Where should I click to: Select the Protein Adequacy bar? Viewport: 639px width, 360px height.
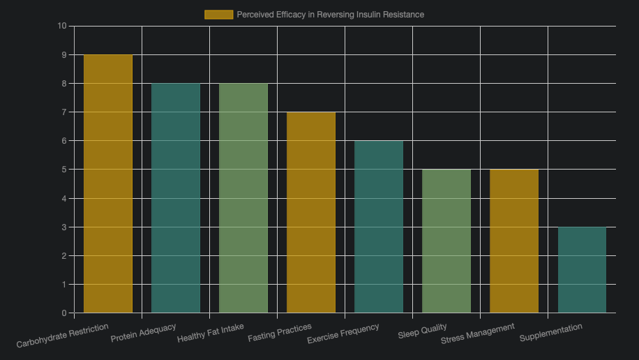coord(176,198)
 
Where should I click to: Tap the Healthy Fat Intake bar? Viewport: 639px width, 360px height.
coord(243,198)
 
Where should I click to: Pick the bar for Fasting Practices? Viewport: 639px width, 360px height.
coord(311,212)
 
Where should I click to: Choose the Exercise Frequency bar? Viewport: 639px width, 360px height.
coord(379,227)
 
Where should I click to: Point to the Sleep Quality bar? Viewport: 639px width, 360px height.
coord(446,241)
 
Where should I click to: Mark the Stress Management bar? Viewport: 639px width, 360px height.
coord(514,241)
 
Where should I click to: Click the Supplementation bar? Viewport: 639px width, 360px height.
coord(582,270)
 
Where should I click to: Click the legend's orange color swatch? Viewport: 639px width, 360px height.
coord(218,15)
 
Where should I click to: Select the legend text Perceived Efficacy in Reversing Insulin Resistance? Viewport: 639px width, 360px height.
coord(330,15)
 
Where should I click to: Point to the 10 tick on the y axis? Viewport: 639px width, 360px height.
coord(61,26)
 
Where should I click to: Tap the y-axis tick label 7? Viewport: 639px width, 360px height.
coord(63,112)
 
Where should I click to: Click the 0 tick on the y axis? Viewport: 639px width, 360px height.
coord(63,313)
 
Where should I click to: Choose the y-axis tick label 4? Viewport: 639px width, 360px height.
coord(63,198)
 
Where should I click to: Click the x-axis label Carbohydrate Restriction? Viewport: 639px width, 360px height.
coord(63,335)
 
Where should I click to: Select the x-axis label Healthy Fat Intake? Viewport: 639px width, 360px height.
coord(211,333)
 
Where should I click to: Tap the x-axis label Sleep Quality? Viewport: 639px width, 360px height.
coord(422,331)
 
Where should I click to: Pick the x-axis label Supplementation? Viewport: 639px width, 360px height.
coord(551,333)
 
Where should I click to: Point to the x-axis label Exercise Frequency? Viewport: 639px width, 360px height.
coord(343,333)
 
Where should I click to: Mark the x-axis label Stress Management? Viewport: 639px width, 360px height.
coord(478,333)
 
